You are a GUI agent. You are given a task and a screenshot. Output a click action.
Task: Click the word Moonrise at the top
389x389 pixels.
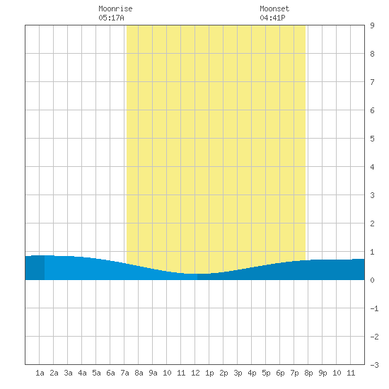tap(115, 8)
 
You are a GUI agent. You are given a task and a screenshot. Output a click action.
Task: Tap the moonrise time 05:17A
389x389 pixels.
tap(111, 18)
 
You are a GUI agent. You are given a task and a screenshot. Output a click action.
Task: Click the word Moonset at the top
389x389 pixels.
tap(274, 8)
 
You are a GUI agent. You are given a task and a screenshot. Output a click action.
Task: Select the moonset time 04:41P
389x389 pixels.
tap(272, 18)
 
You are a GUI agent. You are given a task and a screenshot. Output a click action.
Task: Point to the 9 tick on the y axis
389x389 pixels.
tap(372, 25)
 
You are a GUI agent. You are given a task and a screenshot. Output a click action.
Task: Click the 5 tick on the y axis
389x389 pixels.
tap(372, 139)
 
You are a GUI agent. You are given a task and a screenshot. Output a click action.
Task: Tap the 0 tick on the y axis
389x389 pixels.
tap(372, 280)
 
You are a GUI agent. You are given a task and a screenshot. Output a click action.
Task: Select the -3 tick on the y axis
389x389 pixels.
tap(374, 365)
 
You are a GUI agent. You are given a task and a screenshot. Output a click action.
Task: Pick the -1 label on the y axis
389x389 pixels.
tap(374, 308)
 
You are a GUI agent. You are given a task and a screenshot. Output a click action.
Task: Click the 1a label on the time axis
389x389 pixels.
tap(40, 373)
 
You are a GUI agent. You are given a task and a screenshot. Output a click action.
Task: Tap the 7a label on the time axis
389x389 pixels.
tap(124, 373)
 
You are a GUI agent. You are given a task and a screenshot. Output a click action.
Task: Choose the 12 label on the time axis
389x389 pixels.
tap(195, 373)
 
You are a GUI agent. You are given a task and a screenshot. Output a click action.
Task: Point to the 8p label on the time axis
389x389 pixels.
tap(308, 373)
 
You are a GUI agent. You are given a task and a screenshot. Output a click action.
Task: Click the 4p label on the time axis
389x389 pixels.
tap(252, 373)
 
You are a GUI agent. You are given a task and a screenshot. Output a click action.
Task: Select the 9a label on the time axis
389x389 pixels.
tap(153, 373)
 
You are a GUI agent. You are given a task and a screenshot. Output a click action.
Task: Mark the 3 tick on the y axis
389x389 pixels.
tap(372, 195)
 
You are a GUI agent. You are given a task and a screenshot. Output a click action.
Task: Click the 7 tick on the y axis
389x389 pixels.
tap(372, 82)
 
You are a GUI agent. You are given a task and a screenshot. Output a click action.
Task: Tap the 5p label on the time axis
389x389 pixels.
tap(266, 373)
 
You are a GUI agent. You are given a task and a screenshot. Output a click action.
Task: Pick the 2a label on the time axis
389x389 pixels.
tap(54, 373)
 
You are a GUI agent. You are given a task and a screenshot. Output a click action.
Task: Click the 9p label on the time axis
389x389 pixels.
tap(323, 373)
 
